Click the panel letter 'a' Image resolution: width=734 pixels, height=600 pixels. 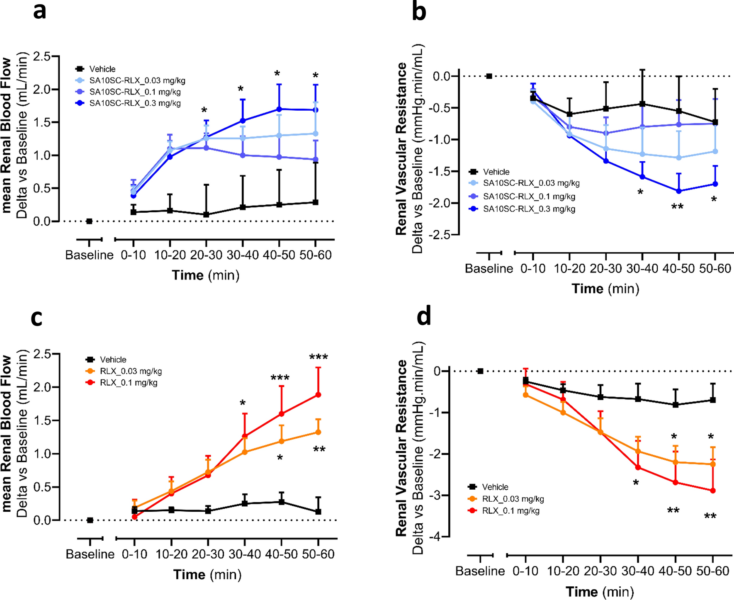pos(40,12)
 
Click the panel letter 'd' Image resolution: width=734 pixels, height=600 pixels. pos(424,316)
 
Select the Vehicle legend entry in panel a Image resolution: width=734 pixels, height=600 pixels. pos(102,69)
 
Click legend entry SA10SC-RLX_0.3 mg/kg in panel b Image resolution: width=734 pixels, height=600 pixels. pos(529,209)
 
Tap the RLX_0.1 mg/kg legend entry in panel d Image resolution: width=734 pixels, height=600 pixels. pos(510,511)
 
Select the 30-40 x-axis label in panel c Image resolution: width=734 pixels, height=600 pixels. pos(244,554)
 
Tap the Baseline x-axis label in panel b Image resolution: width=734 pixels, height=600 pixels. pos(489,269)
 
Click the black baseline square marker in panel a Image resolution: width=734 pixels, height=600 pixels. pos(89,221)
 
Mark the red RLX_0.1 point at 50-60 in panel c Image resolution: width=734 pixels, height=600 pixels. pos(318,395)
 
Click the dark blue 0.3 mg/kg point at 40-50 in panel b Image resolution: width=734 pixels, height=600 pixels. pos(678,191)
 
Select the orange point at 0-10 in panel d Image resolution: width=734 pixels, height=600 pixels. pos(525,395)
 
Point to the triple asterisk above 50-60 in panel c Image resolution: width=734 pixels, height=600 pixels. pos(318,357)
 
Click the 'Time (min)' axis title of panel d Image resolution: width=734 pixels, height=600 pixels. pos(600,591)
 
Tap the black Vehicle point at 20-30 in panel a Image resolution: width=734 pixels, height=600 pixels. pos(206,215)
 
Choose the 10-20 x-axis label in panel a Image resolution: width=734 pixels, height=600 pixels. pos(170,255)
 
